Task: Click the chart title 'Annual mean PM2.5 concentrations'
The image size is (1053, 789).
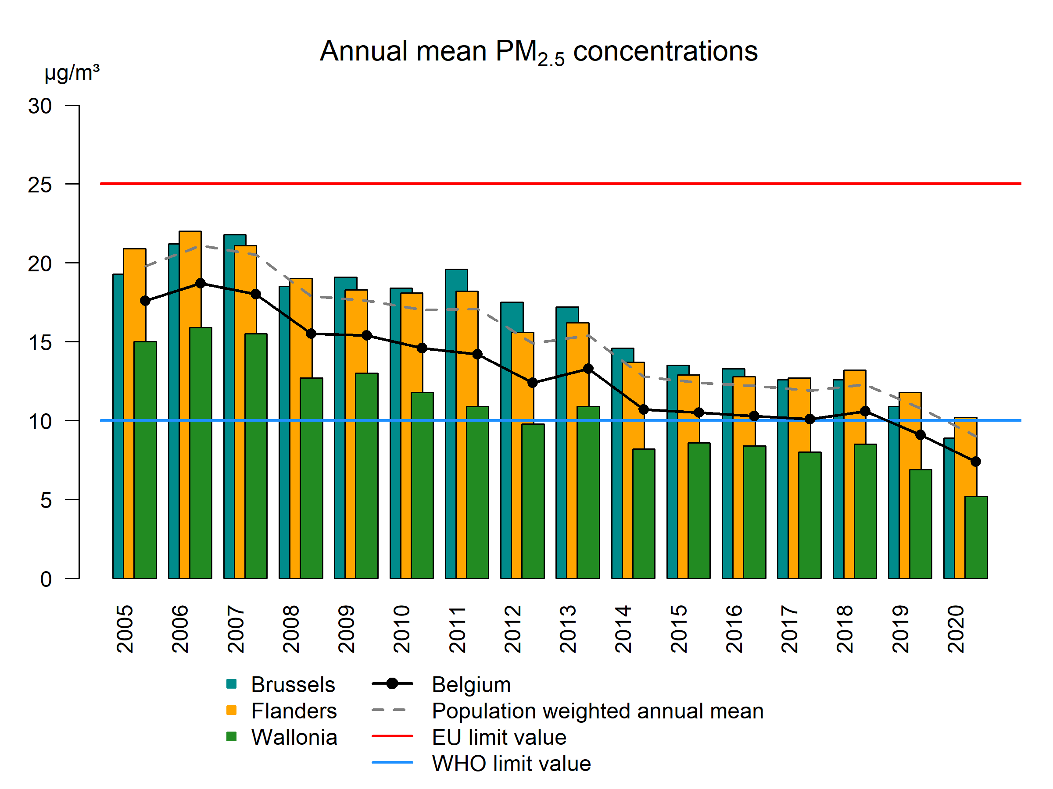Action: click(538, 51)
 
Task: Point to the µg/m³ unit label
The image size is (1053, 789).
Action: click(72, 73)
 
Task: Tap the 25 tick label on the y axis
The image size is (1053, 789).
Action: click(40, 185)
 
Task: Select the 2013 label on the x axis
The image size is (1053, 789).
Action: click(568, 629)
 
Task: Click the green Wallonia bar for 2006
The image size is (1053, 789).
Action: click(201, 452)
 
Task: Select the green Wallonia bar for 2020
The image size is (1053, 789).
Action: click(976, 537)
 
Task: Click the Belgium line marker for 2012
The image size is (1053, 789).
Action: click(533, 383)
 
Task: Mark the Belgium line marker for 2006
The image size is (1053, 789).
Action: click(201, 284)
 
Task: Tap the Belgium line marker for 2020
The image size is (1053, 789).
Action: click(975, 462)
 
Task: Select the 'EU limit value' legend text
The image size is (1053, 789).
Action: click(499, 738)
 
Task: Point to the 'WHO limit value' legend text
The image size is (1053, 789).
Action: click(511, 764)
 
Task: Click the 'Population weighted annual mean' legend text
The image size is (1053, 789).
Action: click(598, 711)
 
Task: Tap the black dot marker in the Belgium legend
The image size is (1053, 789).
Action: click(392, 684)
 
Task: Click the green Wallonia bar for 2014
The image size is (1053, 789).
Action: click(644, 514)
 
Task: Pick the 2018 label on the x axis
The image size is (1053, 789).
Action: click(845, 629)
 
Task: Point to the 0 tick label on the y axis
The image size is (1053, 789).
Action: click(46, 579)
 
